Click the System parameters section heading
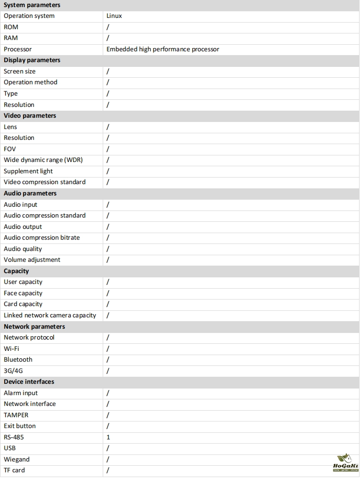click(32, 5)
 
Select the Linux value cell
click(114, 16)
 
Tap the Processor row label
click(18, 49)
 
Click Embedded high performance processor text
click(163, 49)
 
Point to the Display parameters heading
click(32, 60)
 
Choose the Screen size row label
click(20, 72)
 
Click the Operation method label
click(31, 82)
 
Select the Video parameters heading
click(30, 116)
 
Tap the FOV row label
click(10, 149)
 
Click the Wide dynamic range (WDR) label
click(43, 160)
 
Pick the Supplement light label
click(28, 171)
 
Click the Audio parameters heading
click(30, 194)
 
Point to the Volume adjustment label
click(32, 260)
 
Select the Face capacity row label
click(23, 293)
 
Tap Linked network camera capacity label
click(50, 316)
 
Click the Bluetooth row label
click(18, 360)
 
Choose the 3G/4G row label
click(13, 371)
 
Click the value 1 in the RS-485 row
click(108, 437)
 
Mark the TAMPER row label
click(16, 415)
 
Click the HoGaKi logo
click(346, 463)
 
